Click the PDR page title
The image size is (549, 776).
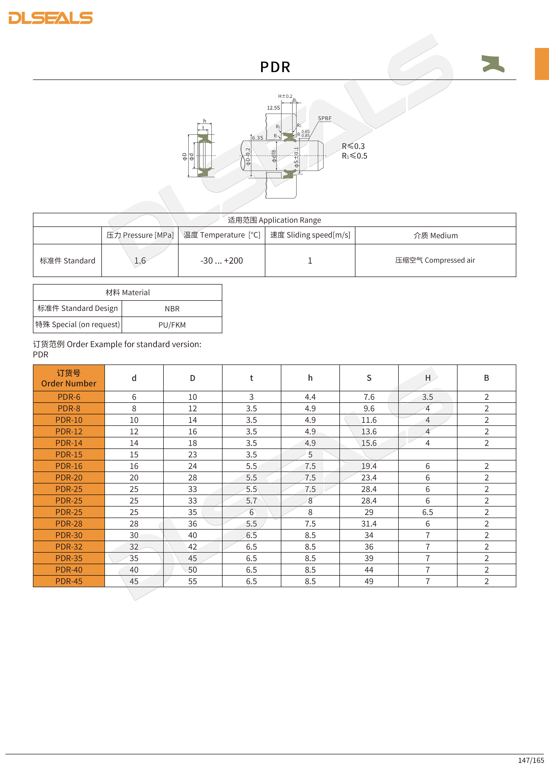(275, 67)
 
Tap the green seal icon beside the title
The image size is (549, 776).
(493, 63)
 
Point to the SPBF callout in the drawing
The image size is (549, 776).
(325, 118)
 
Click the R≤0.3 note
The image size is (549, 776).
(353, 146)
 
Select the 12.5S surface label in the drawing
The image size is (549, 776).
(273, 108)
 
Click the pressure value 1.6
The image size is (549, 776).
(140, 261)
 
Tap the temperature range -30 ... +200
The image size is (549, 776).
(221, 261)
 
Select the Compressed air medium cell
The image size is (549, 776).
(435, 260)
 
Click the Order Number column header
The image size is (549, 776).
(69, 378)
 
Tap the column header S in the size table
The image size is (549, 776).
(369, 378)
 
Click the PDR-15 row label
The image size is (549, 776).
(69, 455)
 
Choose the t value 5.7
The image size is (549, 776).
(251, 501)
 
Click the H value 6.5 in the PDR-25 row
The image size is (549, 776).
(427, 512)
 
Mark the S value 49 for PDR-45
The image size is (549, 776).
(369, 581)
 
